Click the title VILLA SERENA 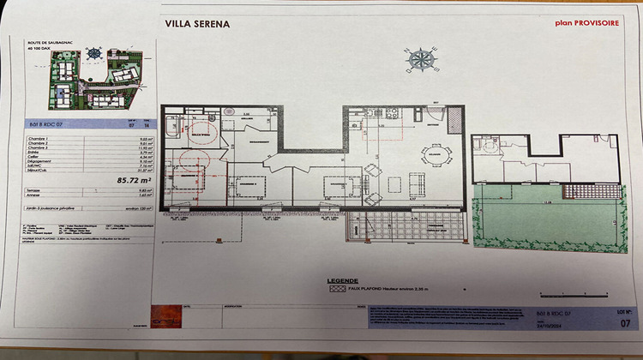click(x=197, y=25)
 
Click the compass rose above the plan click(x=420, y=58)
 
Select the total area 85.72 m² click(x=92, y=181)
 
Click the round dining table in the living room click(x=434, y=155)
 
